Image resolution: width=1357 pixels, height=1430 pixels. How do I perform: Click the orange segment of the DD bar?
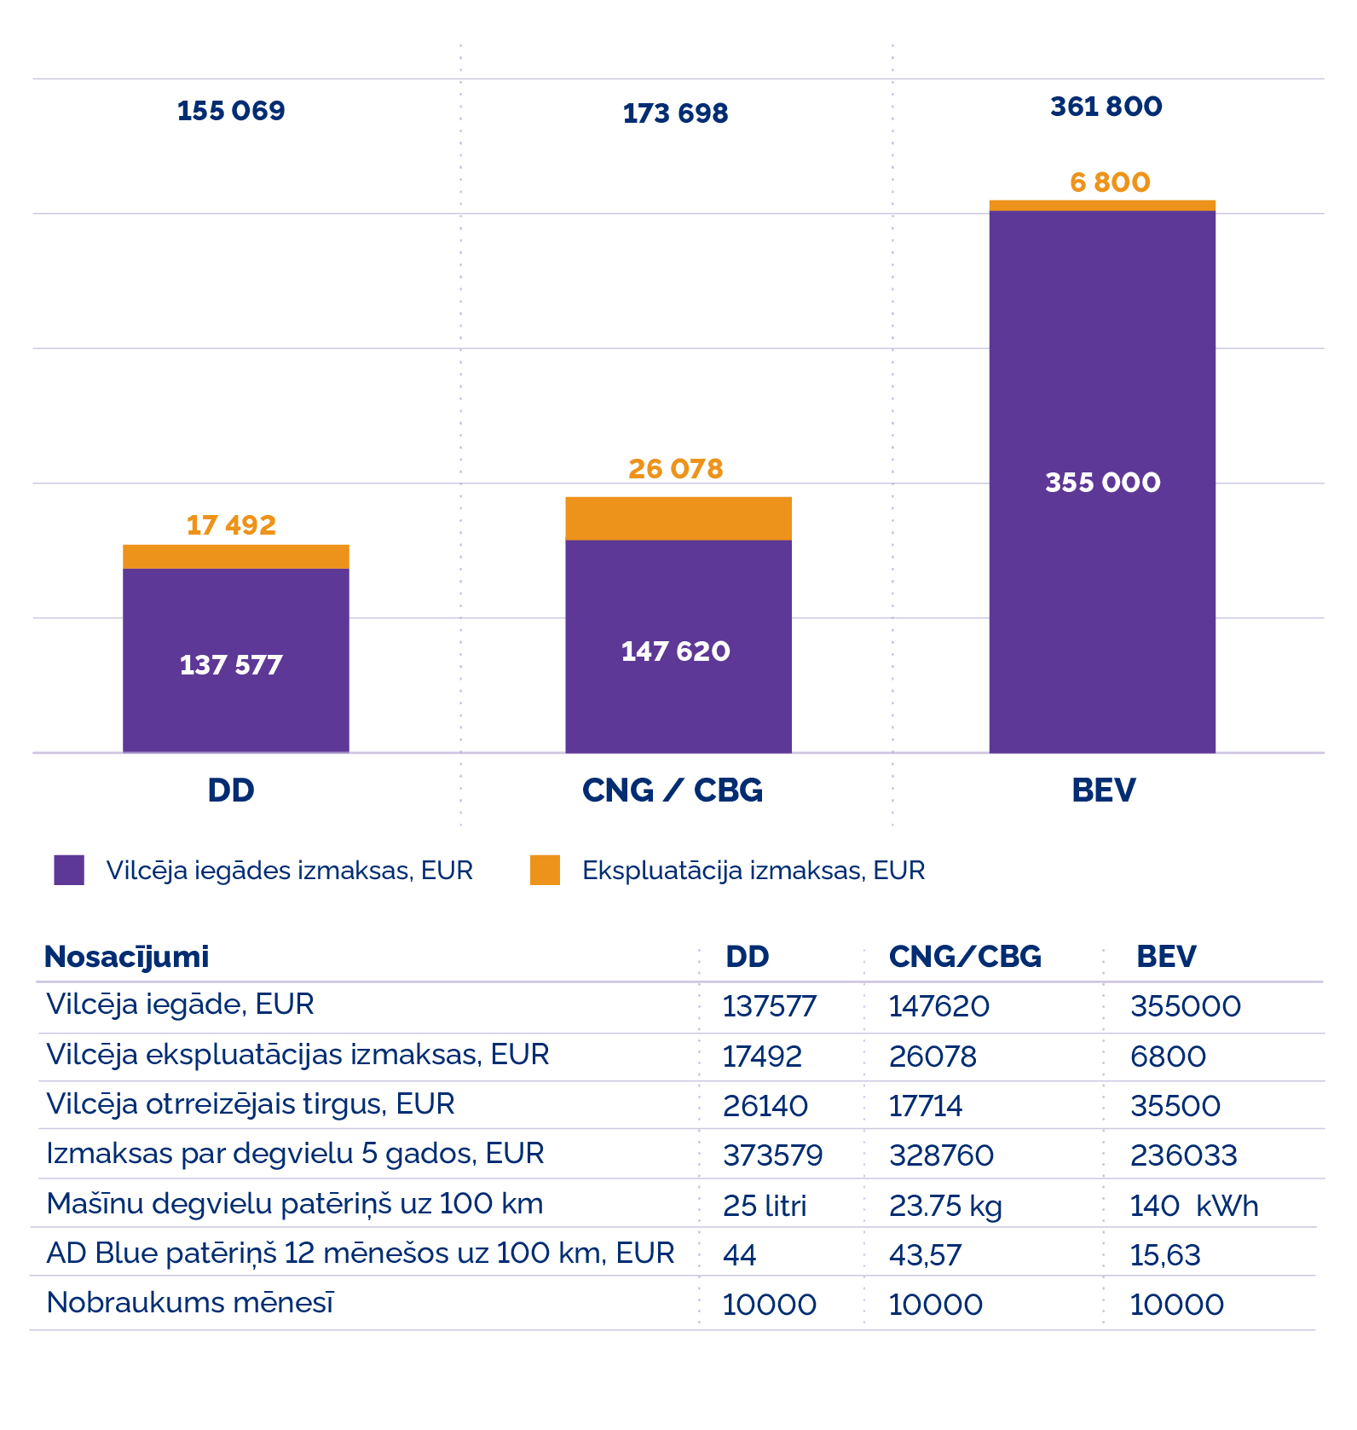point(235,557)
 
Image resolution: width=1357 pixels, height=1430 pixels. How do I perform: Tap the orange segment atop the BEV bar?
point(1101,206)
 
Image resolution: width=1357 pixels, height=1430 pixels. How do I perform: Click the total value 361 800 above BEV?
point(1106,107)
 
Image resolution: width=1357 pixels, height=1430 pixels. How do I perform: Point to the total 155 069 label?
point(231,111)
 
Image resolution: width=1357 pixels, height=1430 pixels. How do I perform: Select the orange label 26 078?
point(675,469)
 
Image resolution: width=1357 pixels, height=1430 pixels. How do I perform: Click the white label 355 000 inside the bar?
point(1102,483)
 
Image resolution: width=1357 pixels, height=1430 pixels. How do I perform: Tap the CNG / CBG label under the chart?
point(672,790)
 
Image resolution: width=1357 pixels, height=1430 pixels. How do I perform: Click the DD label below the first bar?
point(231,790)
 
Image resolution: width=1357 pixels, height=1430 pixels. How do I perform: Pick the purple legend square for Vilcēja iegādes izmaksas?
point(69,870)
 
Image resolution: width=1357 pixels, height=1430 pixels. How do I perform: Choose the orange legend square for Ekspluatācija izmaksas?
point(545,870)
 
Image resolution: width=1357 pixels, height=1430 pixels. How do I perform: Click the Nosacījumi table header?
point(126,957)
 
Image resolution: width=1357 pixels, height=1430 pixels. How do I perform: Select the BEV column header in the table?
point(1165,957)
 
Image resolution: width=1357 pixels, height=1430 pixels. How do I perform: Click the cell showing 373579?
point(772,1155)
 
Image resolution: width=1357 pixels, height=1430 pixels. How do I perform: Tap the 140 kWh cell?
point(1193,1206)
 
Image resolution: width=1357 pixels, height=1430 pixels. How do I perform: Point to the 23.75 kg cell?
point(945,1206)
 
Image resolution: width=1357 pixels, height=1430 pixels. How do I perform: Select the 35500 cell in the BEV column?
point(1175,1106)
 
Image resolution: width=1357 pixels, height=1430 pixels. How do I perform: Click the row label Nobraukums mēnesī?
point(190,1303)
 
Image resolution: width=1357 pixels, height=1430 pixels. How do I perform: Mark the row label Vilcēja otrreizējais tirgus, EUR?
point(250,1104)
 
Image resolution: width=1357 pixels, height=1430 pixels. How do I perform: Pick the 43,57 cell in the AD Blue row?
point(925,1255)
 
